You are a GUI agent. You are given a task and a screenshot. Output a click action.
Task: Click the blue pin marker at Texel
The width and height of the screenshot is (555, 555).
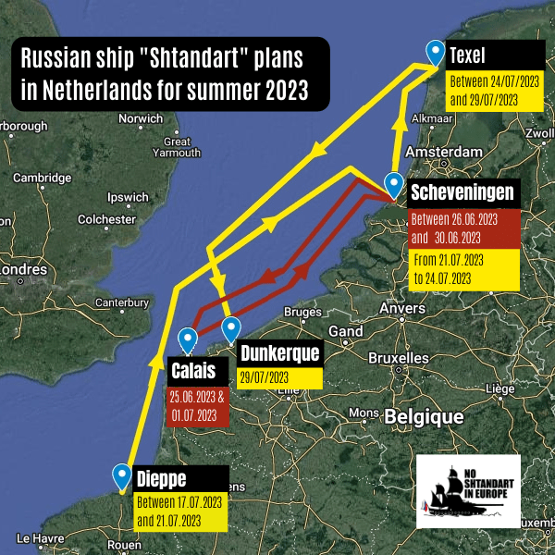pos(433,52)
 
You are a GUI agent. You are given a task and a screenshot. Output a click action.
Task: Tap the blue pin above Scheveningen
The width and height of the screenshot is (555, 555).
pos(394,183)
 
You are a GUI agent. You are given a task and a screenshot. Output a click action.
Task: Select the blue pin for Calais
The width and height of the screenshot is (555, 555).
pos(189,339)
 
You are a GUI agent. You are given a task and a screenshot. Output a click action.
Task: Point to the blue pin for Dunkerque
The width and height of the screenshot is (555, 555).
pos(231,327)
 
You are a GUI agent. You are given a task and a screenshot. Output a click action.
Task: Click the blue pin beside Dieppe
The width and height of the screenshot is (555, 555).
pos(121,475)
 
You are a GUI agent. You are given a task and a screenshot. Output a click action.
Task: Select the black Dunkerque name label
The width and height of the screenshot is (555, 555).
pos(280,353)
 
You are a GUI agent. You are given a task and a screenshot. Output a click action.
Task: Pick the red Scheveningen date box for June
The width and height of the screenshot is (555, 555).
pos(464,227)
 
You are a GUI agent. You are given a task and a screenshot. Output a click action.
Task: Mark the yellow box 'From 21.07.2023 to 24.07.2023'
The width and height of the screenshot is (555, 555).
pos(464,269)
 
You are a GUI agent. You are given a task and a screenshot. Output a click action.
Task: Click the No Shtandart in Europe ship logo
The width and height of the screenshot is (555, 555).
pos(468,491)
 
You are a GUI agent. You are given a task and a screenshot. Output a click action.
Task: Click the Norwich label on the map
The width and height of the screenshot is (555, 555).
pos(141,118)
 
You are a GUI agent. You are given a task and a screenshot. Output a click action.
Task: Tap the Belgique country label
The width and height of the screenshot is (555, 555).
pos(425,417)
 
